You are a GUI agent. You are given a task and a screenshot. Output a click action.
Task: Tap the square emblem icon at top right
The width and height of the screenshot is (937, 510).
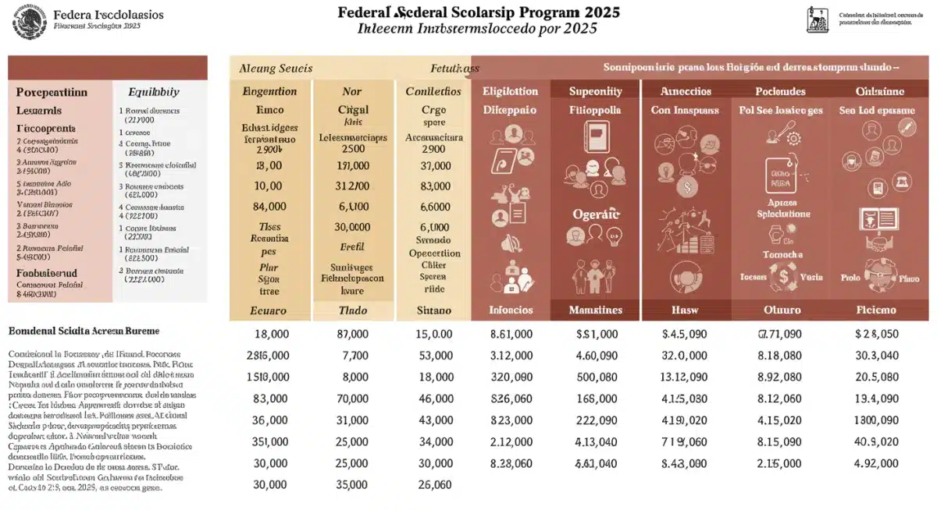[x=818, y=20]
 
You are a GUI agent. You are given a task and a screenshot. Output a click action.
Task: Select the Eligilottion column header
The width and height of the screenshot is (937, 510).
[x=510, y=91]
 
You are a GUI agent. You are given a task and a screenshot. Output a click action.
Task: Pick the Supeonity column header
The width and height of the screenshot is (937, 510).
[x=596, y=91]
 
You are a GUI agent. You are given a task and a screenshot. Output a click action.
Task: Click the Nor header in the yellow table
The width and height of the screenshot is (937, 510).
[x=351, y=91]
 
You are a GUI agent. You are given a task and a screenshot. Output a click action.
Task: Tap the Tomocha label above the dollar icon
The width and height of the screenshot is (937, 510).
[x=782, y=255]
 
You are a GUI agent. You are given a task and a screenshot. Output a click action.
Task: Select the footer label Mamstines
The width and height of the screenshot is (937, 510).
[x=596, y=310]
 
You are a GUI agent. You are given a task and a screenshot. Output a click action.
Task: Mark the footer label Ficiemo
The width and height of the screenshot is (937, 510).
[x=875, y=310]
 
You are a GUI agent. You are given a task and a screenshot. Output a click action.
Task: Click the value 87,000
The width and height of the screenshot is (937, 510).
[x=351, y=334]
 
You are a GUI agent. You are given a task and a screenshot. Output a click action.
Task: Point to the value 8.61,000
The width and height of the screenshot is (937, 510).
[x=511, y=334]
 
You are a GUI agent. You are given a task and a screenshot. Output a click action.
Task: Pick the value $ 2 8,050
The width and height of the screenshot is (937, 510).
[x=876, y=334]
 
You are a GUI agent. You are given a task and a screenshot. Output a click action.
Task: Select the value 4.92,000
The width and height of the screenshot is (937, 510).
[x=876, y=463]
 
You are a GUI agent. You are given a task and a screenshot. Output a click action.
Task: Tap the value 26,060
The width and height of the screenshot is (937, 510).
[x=435, y=485]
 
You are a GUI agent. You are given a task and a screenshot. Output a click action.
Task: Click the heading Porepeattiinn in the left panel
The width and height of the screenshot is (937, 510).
[x=53, y=91]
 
